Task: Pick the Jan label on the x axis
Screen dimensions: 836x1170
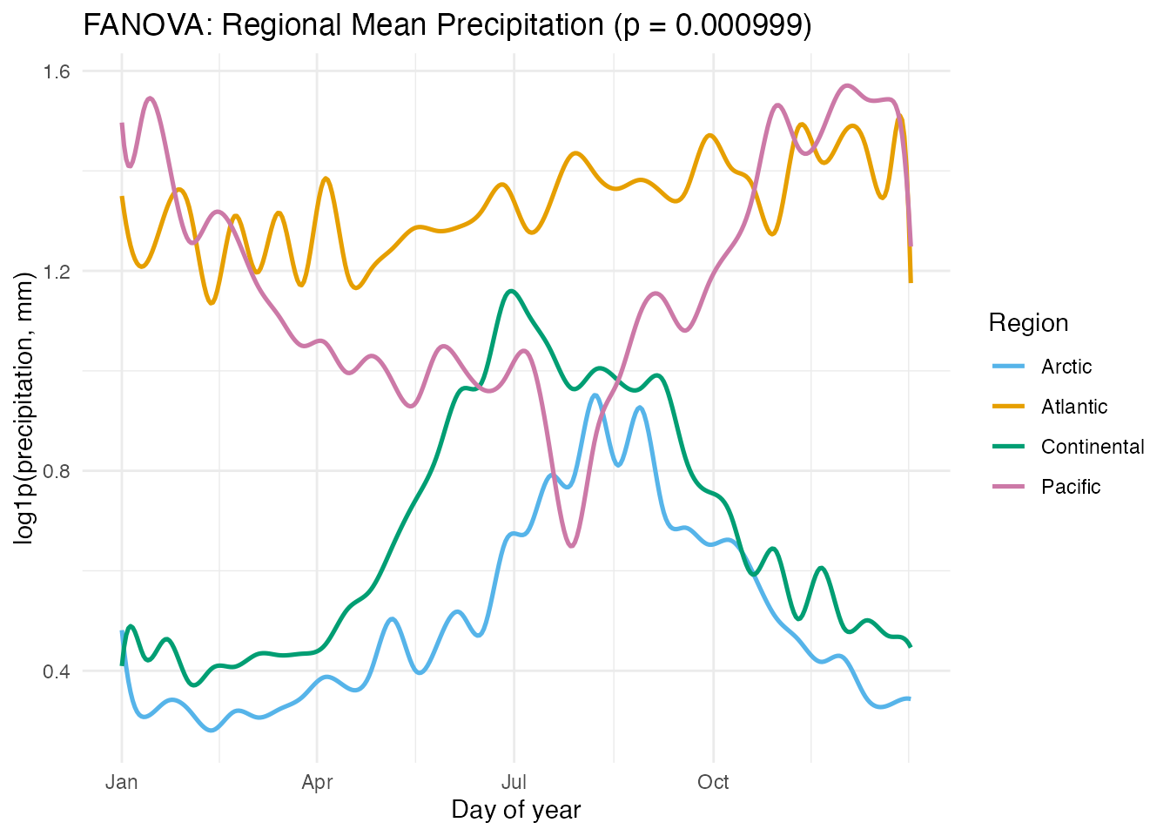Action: click(121, 782)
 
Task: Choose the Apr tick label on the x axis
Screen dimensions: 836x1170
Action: click(317, 782)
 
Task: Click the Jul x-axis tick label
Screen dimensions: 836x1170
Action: click(514, 782)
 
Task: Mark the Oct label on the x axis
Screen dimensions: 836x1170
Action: click(713, 782)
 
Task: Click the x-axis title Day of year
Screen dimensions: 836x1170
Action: click(515, 810)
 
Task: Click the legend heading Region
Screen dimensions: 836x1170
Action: click(1028, 323)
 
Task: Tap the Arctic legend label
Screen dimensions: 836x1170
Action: click(1066, 367)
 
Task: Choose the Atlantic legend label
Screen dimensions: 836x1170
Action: click(1074, 407)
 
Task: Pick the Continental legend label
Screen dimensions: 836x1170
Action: click(1093, 447)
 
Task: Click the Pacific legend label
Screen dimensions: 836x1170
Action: click(1071, 487)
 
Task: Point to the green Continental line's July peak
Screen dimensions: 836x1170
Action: click(511, 291)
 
